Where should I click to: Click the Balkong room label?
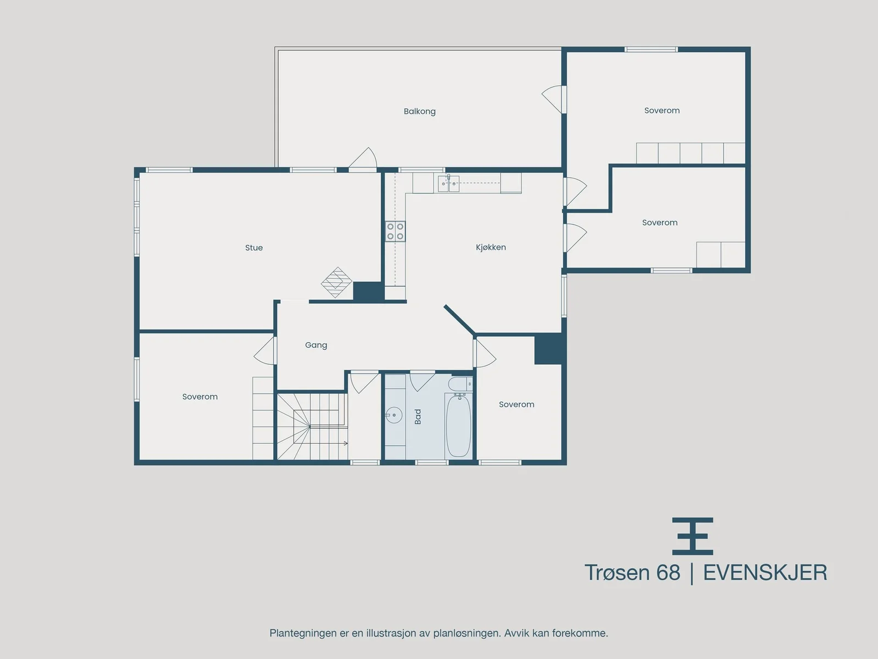click(x=420, y=111)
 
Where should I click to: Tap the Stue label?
click(x=254, y=248)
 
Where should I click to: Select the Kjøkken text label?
click(x=491, y=247)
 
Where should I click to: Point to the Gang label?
click(x=316, y=345)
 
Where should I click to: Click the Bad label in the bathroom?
click(x=418, y=416)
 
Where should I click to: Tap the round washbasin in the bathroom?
click(x=394, y=415)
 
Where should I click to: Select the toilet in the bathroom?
click(x=460, y=384)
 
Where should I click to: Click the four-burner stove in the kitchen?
click(x=395, y=231)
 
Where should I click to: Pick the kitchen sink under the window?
click(x=448, y=183)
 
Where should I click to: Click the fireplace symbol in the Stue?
click(x=336, y=282)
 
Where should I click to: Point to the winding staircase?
click(x=312, y=427)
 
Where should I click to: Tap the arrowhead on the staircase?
click(x=346, y=443)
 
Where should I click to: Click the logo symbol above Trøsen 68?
click(x=693, y=536)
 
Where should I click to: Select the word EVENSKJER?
click(x=765, y=573)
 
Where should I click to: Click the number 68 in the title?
click(x=668, y=573)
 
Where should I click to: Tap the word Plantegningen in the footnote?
click(x=303, y=633)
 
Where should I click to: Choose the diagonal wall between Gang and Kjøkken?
click(x=459, y=319)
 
